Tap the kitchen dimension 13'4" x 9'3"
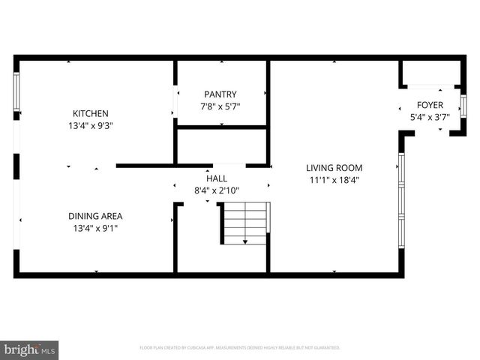point(91,126)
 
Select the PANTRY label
point(220,94)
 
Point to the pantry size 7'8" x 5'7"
point(220,106)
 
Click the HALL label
point(217,178)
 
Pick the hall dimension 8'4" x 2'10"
point(217,191)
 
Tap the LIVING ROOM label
point(334,167)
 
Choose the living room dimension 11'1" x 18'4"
point(334,180)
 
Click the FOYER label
point(430,105)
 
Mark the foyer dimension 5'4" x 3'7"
point(430,118)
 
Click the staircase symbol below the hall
point(244,223)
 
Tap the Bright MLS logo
point(30,349)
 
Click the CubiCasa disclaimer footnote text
point(240,348)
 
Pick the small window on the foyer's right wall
point(463,105)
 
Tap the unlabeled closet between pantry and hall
point(221,145)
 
